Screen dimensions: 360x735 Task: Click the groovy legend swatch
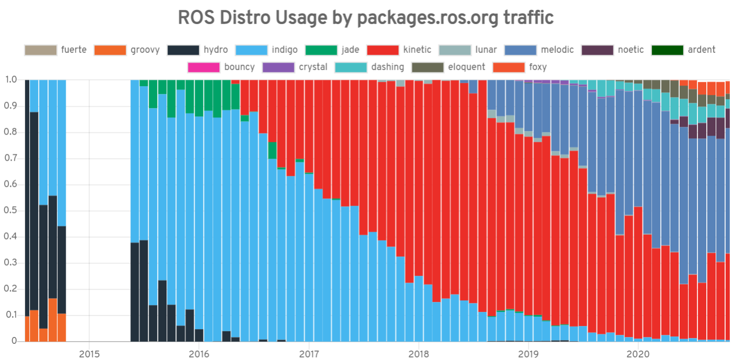coord(110,50)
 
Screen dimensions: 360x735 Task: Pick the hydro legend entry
coord(198,50)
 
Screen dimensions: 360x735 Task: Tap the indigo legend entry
coord(267,50)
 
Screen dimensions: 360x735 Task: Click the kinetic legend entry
coord(399,50)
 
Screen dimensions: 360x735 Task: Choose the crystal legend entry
coord(295,67)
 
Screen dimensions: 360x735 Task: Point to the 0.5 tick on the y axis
coord(11,211)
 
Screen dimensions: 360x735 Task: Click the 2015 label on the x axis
coord(89,354)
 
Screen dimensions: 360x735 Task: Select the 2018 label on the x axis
coord(418,354)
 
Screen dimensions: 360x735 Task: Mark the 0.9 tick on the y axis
coord(11,106)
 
